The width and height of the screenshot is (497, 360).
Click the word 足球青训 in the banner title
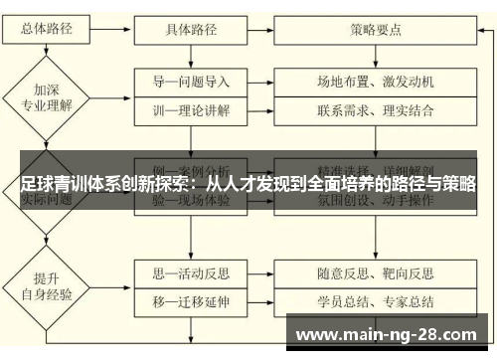tap(51, 184)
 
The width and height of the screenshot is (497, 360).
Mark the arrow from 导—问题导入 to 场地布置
tap(260, 81)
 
